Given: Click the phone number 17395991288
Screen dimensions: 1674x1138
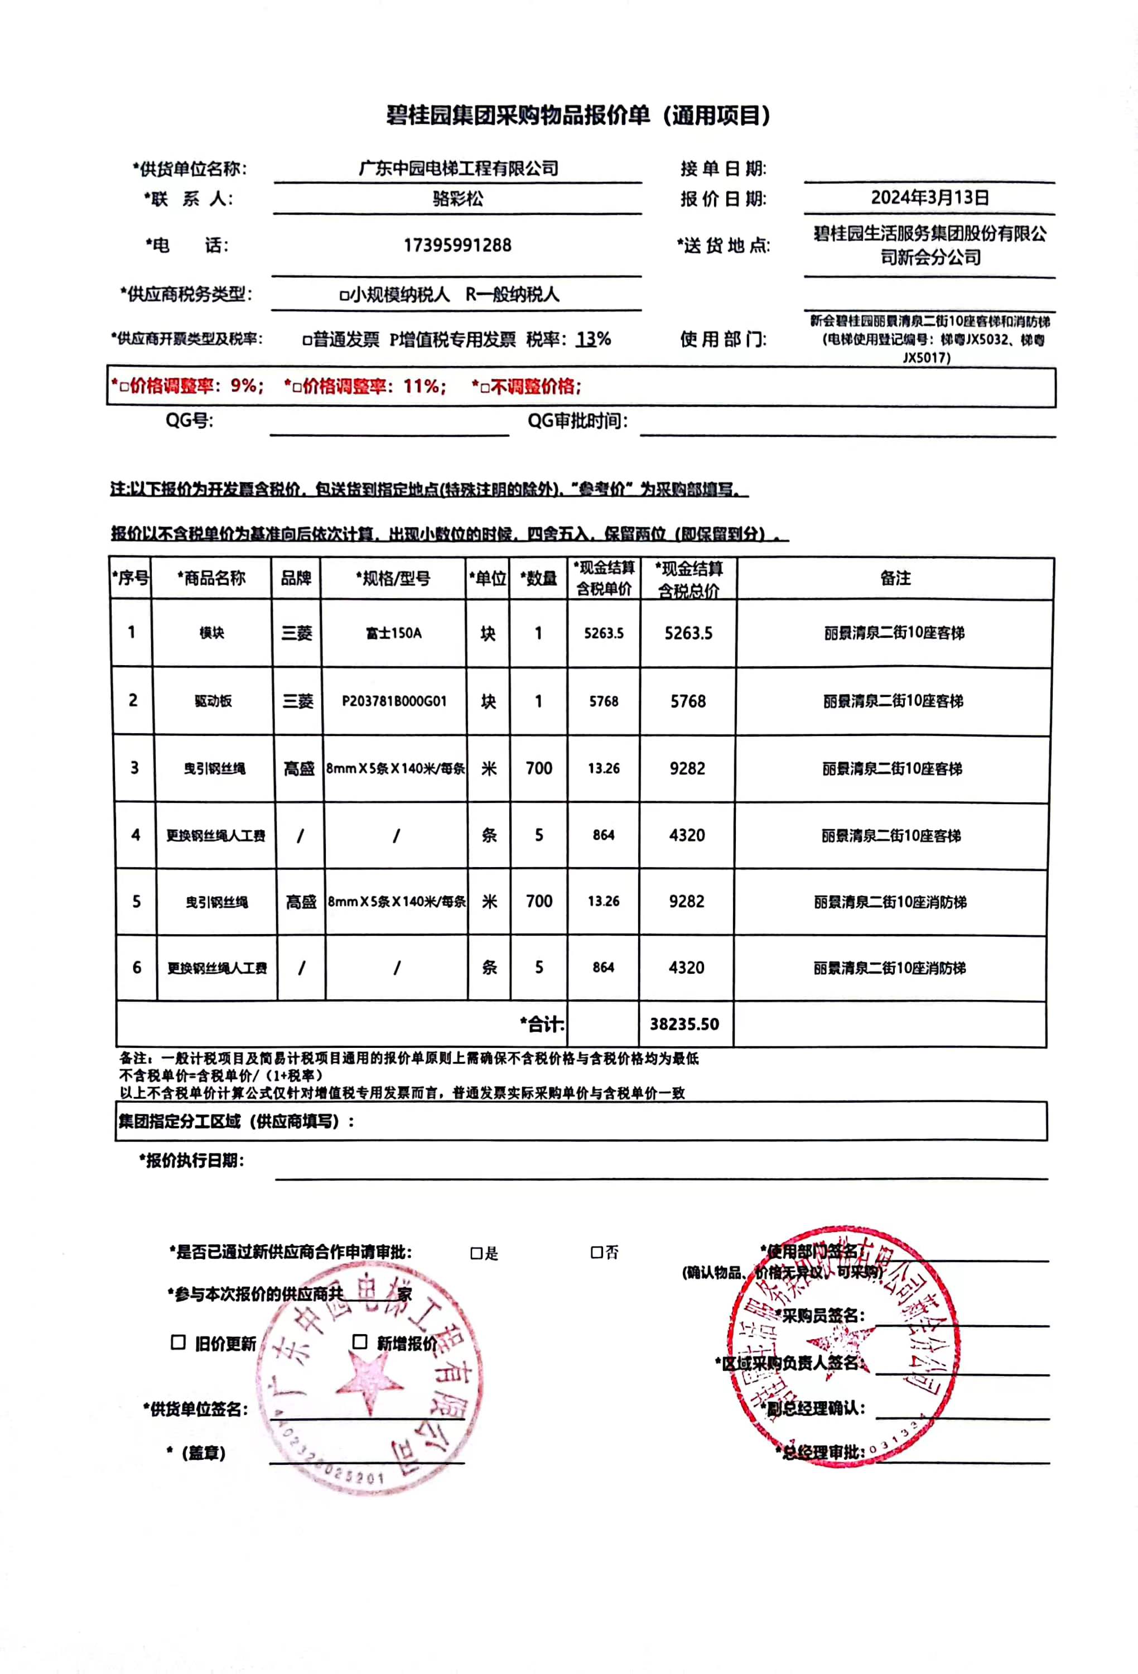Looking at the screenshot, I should pos(457,246).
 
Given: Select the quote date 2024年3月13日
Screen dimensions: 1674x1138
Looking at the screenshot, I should pos(929,198).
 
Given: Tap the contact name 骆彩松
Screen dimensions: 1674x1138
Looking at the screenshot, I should pos(457,198).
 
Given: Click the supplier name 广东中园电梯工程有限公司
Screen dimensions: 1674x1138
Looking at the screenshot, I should pos(458,169).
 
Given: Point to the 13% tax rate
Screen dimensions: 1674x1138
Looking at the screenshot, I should pos(594,339).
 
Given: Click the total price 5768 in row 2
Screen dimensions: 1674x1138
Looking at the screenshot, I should pos(688,701).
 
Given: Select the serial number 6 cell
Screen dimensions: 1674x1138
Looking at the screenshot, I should pos(137,968).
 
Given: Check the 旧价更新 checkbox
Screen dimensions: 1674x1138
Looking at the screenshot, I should pos(178,1343).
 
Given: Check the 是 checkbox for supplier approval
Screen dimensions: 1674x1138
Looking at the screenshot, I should pos(475,1253).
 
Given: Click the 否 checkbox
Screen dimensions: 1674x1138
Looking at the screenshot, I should pos(596,1253).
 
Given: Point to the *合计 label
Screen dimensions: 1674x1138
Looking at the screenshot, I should pos(542,1023).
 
